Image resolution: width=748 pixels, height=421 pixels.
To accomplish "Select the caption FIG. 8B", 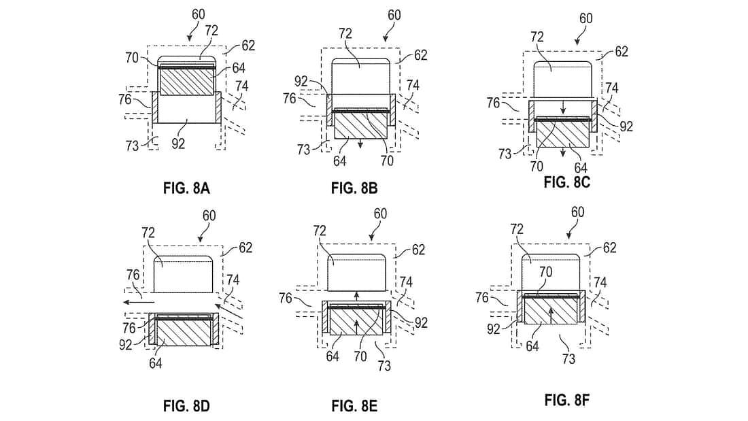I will (354, 188).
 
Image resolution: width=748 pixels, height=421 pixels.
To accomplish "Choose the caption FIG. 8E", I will (354, 407).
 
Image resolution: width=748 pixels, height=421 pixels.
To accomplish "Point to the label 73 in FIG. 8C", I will (504, 154).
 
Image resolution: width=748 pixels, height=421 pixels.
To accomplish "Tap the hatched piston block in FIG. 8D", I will (184, 333).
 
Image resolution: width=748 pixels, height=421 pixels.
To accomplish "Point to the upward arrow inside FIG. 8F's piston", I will (550, 315).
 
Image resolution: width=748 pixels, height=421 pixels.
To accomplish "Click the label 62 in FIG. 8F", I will (609, 248).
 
